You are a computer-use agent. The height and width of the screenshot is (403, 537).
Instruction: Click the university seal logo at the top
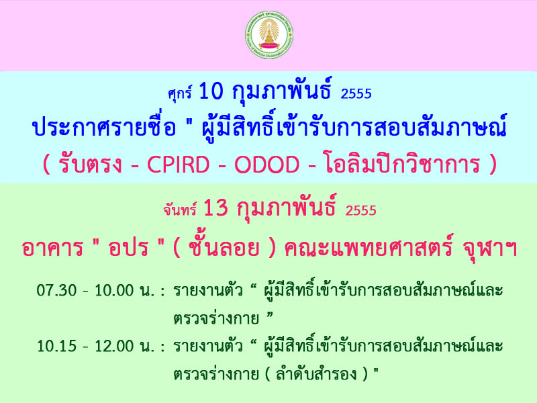pos(269,35)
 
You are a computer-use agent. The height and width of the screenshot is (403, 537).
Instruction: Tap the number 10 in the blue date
pos(211,91)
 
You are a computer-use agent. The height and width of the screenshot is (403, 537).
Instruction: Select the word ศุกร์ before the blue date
pos(179,93)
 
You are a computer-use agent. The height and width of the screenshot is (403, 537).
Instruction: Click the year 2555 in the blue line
pos(356,93)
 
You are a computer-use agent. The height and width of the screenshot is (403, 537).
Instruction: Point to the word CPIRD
pos(178,165)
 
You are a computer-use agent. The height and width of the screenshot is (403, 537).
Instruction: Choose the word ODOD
pos(266,165)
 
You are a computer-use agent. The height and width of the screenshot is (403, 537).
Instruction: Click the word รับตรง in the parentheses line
pos(90,165)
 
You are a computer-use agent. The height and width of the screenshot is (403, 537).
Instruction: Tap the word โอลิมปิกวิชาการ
pos(401,164)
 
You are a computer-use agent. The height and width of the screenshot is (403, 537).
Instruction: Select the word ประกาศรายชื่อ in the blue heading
pos(104,126)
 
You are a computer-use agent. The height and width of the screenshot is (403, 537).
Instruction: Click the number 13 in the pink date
pos(215,208)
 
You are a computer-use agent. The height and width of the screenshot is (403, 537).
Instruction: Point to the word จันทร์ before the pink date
pos(180,210)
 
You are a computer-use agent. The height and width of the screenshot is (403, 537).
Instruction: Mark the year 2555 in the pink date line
pos(360,210)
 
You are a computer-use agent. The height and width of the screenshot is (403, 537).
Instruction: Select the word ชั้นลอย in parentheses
pos(224,247)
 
